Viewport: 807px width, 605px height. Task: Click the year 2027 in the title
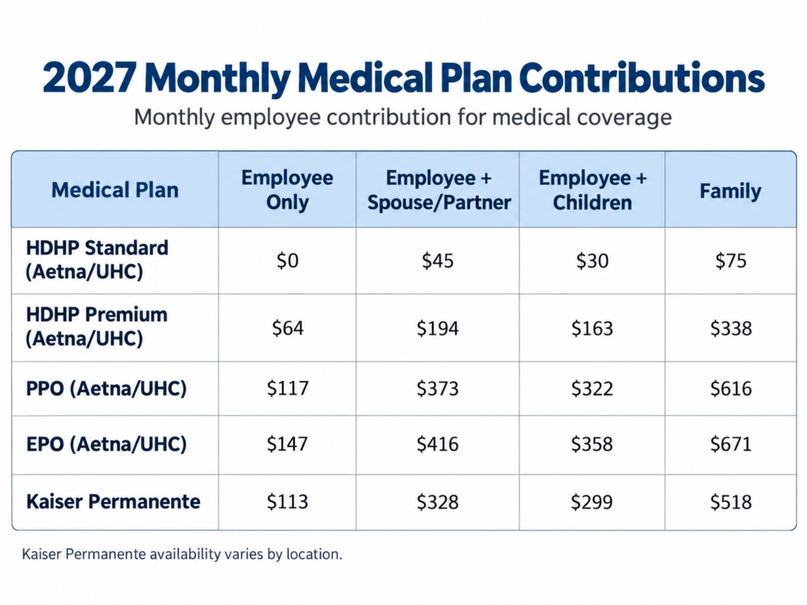90,78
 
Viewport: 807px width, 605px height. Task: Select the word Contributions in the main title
642,78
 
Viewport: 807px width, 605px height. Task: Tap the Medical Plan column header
115,190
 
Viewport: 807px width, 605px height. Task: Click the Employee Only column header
287,190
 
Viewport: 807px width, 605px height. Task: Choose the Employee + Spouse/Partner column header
438,190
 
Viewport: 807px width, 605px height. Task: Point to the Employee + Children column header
593,190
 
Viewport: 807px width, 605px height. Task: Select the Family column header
731,191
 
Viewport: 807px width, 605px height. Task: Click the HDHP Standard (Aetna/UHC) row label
97,260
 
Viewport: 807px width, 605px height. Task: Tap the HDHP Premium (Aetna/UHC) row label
96,327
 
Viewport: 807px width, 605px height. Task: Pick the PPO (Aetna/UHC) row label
106,388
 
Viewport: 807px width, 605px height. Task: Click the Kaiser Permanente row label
113,501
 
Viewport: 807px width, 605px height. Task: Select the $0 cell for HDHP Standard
287,261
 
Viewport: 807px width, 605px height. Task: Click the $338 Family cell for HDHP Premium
731,328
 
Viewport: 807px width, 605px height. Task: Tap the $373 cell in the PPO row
437,388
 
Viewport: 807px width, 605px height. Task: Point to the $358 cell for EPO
592,444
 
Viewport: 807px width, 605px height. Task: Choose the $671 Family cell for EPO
731,444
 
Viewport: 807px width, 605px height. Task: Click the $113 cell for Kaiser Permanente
287,502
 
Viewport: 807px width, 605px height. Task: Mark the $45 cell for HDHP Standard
437,261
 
